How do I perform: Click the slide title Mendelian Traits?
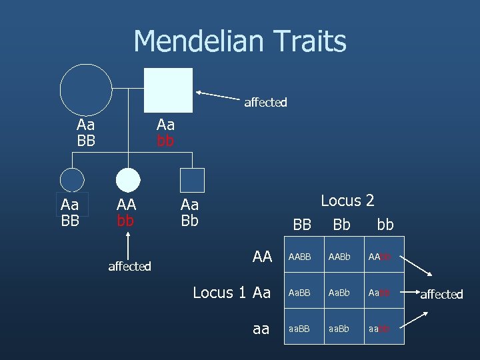pos(240,41)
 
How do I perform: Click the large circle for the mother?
pos(86,89)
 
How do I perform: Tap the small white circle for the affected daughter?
pos(128,180)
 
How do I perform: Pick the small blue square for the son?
pos(192,180)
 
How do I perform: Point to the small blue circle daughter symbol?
pos(72,180)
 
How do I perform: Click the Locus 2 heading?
pos(347,200)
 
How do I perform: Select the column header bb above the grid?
pos(385,225)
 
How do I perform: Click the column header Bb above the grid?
pos(341,225)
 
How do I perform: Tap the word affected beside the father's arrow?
pos(265,103)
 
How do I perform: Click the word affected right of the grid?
pos(441,294)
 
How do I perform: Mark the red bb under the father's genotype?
pos(165,141)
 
